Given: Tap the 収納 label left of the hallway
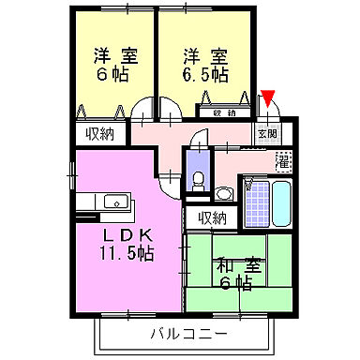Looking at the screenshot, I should (x=99, y=133).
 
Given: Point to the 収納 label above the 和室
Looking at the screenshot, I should (x=212, y=218).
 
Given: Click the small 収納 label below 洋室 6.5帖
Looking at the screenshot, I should (x=224, y=113).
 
